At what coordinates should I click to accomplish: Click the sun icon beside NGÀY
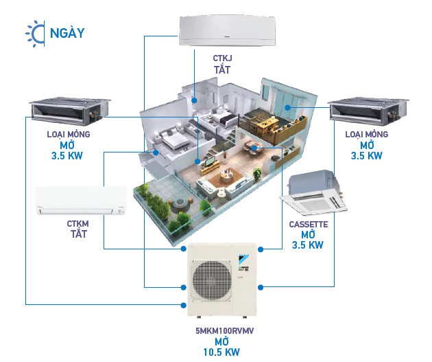tap(35, 34)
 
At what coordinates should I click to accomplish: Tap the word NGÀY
tap(67, 33)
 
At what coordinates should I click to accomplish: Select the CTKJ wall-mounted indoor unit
tap(227, 31)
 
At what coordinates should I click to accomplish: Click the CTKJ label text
tap(222, 58)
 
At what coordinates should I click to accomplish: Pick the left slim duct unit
tap(70, 111)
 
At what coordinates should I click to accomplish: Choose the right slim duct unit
tap(368, 111)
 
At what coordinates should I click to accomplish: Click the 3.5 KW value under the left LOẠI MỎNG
tap(67, 156)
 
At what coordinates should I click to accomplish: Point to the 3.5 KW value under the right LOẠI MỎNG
tap(366, 156)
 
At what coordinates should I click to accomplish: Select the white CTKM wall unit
tap(81, 201)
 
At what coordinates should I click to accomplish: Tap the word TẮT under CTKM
tap(79, 234)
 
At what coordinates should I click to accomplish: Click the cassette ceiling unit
tap(313, 192)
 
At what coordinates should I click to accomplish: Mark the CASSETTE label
tap(309, 225)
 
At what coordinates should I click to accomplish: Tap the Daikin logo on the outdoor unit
tap(243, 258)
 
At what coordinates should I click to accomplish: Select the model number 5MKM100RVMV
tap(225, 331)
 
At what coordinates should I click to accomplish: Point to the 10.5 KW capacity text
tap(221, 352)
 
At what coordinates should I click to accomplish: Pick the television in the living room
tap(211, 161)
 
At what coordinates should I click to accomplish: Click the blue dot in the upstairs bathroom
tap(194, 100)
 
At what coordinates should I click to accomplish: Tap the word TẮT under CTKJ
tap(222, 69)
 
